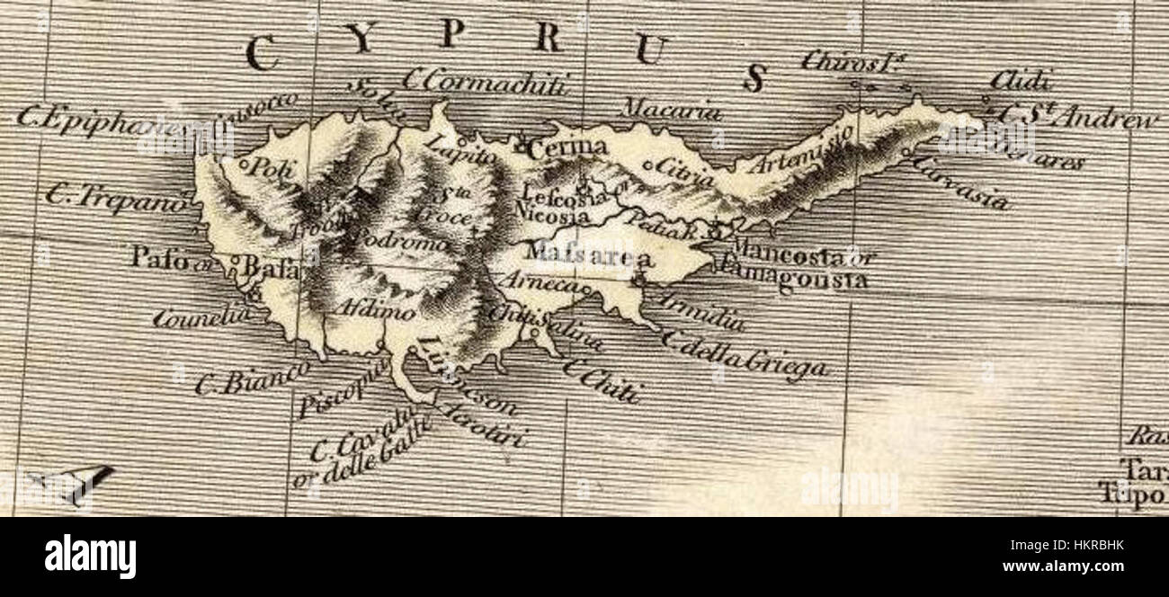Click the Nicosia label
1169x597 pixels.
[x=554, y=217]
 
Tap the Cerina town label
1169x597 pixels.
[x=567, y=148]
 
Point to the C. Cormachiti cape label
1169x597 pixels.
[x=486, y=83]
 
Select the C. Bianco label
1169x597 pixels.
[x=252, y=378]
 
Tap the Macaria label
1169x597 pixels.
[x=672, y=112]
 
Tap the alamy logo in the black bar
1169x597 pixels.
[x=90, y=556]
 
